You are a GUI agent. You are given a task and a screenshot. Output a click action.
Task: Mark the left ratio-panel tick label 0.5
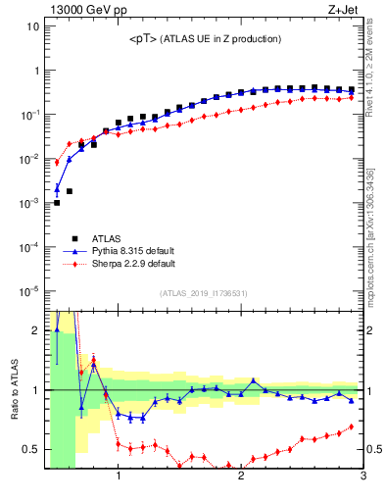pos(30,450)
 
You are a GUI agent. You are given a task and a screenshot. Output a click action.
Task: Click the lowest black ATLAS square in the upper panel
pos(57,203)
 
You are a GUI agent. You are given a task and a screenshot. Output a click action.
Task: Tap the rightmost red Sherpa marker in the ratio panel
pos(352,427)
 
